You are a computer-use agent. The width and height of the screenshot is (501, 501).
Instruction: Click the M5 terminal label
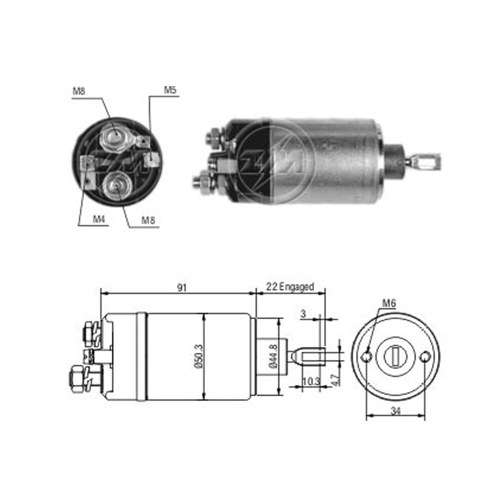(x=170, y=90)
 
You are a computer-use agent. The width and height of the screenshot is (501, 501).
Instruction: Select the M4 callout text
(x=99, y=219)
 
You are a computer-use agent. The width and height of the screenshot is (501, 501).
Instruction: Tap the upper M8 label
(x=79, y=91)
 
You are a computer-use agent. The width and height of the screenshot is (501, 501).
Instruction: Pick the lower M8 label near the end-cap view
(x=148, y=220)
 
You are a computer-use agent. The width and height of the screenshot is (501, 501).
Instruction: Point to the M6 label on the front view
(x=389, y=303)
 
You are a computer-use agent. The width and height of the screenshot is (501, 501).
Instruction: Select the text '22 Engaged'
(x=290, y=287)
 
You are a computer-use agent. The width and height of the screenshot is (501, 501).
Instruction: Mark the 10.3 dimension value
(x=311, y=381)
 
